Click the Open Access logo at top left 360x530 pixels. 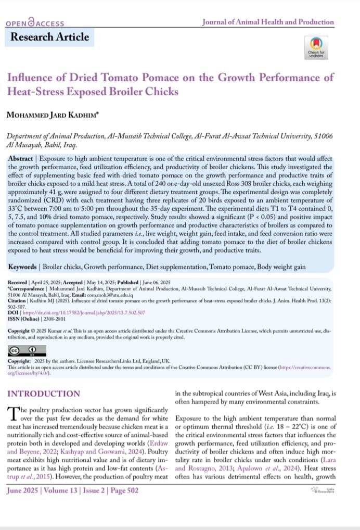click(35, 23)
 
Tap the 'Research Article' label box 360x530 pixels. click(50, 37)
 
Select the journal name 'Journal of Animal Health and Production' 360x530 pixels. click(267, 22)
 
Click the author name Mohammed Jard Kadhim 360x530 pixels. click(55, 115)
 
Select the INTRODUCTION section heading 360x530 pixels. click(44, 394)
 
